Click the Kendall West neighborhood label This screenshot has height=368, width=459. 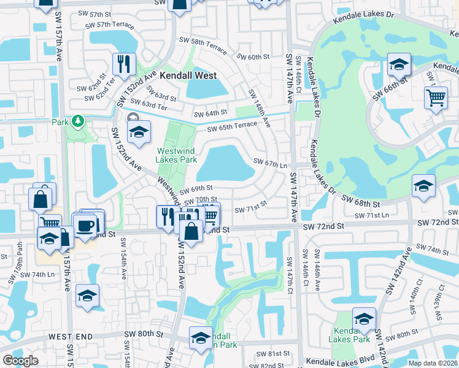tap(188, 76)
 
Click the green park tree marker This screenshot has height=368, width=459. tap(78, 121)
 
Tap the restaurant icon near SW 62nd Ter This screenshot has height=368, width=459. tap(124, 63)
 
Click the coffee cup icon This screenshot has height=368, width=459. tap(86, 225)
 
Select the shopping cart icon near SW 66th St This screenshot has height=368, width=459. tap(435, 97)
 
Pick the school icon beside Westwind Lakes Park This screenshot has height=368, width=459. tap(139, 131)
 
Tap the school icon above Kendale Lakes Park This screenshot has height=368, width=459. tap(364, 319)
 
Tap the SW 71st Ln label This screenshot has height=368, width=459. tap(372, 215)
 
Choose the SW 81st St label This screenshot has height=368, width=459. tap(274, 354)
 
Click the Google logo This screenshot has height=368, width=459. tap(20, 361)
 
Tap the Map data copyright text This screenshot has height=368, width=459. tap(432, 363)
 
